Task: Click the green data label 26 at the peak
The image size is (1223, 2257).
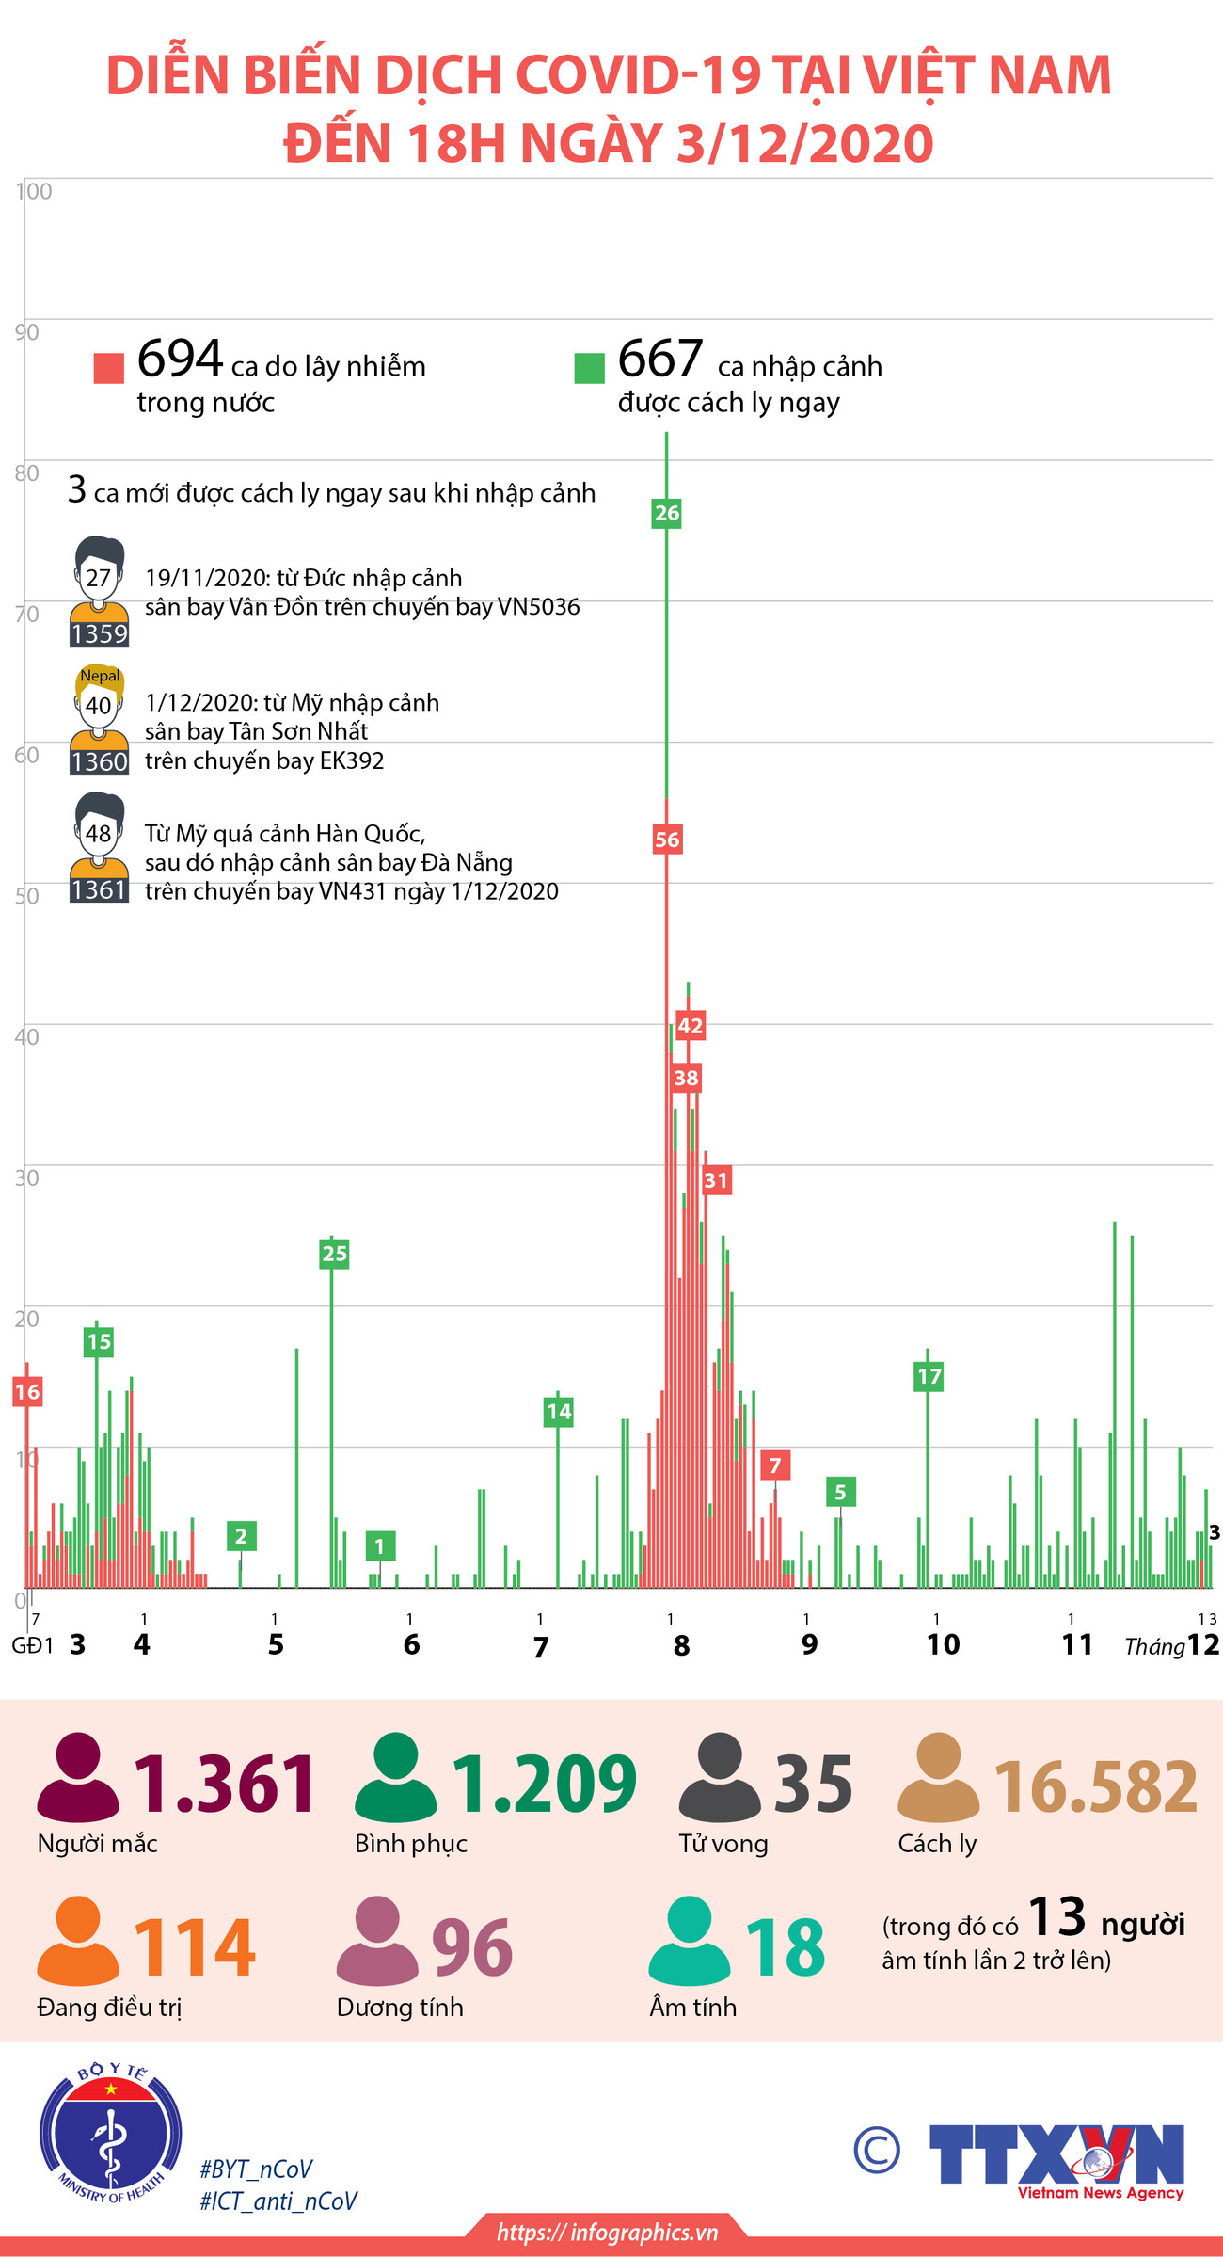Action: coord(666,513)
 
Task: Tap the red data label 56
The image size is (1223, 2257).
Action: coord(666,840)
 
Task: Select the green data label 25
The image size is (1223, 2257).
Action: coord(334,1253)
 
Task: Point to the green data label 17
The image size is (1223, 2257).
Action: coord(929,1376)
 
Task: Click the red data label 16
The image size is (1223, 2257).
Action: coord(27,1391)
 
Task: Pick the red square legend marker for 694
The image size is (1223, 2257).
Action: coord(109,368)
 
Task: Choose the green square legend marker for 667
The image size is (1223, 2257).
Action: coord(589,368)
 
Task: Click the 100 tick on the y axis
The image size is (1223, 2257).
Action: coord(34,191)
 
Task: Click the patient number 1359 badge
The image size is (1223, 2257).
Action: coord(99,633)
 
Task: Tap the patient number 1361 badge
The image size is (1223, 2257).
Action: coord(99,889)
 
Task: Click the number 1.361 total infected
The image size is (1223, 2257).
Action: coord(225,1784)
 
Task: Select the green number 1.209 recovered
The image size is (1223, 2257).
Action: coord(544,1784)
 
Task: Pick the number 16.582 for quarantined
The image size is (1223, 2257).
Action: coord(1096,1785)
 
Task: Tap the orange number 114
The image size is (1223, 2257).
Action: coord(195,1946)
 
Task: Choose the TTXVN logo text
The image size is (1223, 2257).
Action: coord(1056,2154)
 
